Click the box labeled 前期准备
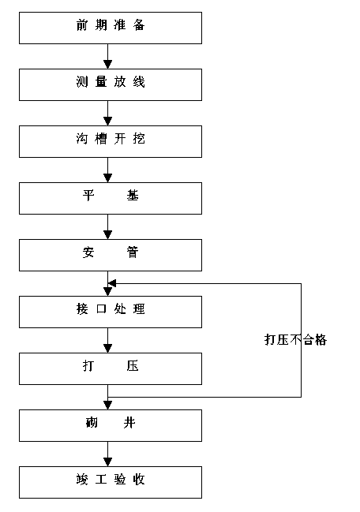click(111, 28)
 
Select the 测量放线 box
click(111, 84)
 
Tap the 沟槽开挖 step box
click(111, 141)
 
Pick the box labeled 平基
click(111, 198)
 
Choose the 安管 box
click(111, 255)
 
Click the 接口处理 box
click(111, 312)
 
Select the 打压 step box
click(111, 368)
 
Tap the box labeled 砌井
click(111, 425)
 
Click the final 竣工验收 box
click(111, 482)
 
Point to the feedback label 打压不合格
click(295, 340)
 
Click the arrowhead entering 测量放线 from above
click(108, 65)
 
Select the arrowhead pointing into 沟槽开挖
click(108, 121)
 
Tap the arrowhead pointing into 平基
click(108, 178)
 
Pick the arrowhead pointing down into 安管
click(108, 235)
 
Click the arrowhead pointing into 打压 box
click(108, 349)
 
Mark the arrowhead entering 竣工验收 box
click(108, 462)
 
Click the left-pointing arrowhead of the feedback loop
click(112, 283)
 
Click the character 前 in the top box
click(81, 25)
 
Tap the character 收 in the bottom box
click(139, 480)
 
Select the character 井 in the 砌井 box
click(129, 423)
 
